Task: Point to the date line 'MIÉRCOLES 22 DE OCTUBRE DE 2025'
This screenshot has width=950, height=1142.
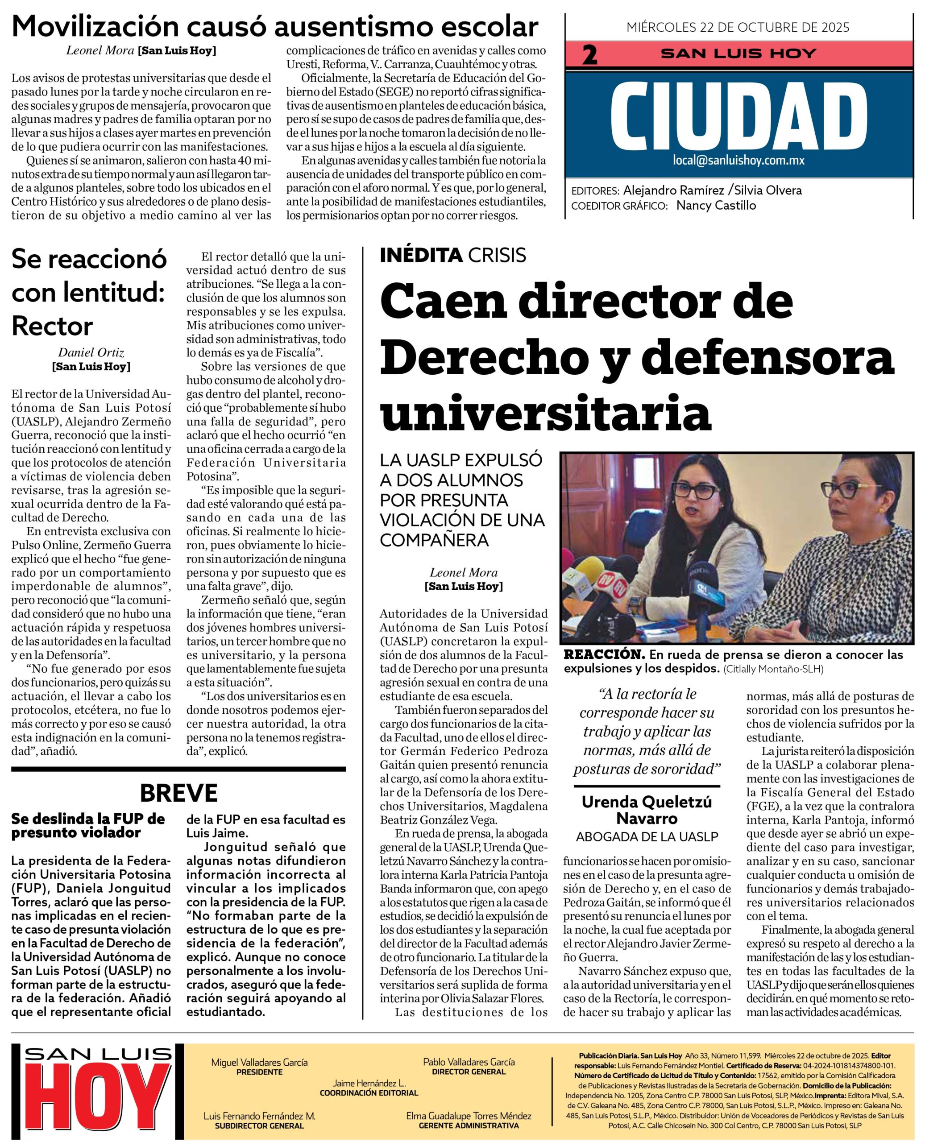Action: tap(737, 27)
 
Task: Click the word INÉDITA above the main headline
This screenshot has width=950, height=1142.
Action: tap(421, 255)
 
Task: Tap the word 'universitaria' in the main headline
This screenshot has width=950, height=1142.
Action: tap(546, 412)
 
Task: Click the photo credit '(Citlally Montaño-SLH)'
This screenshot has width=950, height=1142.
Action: tap(773, 669)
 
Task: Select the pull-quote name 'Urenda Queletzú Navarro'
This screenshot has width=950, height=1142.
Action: tap(647, 810)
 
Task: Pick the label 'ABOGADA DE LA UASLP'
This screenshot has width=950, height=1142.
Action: tap(647, 837)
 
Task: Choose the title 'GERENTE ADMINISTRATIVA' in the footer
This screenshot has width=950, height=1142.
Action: tap(469, 1125)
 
